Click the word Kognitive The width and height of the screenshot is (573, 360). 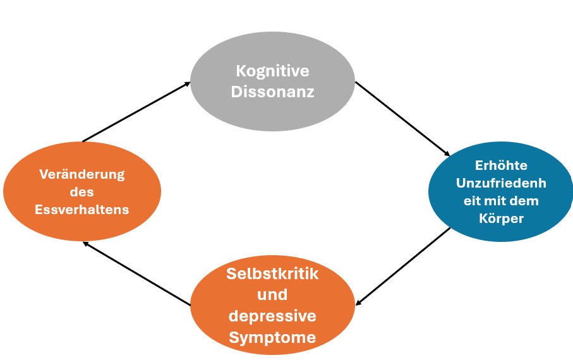273,71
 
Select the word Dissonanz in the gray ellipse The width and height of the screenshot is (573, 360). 273,92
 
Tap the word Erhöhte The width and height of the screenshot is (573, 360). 501,165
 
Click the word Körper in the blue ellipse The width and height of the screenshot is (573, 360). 501,218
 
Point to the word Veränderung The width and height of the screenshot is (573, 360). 82,174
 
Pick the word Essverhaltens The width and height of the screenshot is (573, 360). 82,210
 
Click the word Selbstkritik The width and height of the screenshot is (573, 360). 273,273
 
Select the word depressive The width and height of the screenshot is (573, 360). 273,316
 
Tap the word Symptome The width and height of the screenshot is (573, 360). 273,337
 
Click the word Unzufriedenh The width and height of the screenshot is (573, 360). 501,183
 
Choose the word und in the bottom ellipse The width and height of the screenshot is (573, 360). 273,294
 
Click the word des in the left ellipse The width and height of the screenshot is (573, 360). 82,192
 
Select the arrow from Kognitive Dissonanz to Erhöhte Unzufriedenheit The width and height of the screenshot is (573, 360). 402,119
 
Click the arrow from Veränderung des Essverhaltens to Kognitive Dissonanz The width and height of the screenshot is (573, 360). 136,111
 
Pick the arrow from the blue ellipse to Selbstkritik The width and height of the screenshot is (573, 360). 402,266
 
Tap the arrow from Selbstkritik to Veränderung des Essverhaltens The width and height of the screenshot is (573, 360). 136,273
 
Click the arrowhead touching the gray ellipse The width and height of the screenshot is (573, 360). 187,84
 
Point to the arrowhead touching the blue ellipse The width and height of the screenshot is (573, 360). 447,153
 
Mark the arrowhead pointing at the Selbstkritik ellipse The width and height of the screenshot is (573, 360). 359,303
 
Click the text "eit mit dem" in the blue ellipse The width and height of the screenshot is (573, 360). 501,201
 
